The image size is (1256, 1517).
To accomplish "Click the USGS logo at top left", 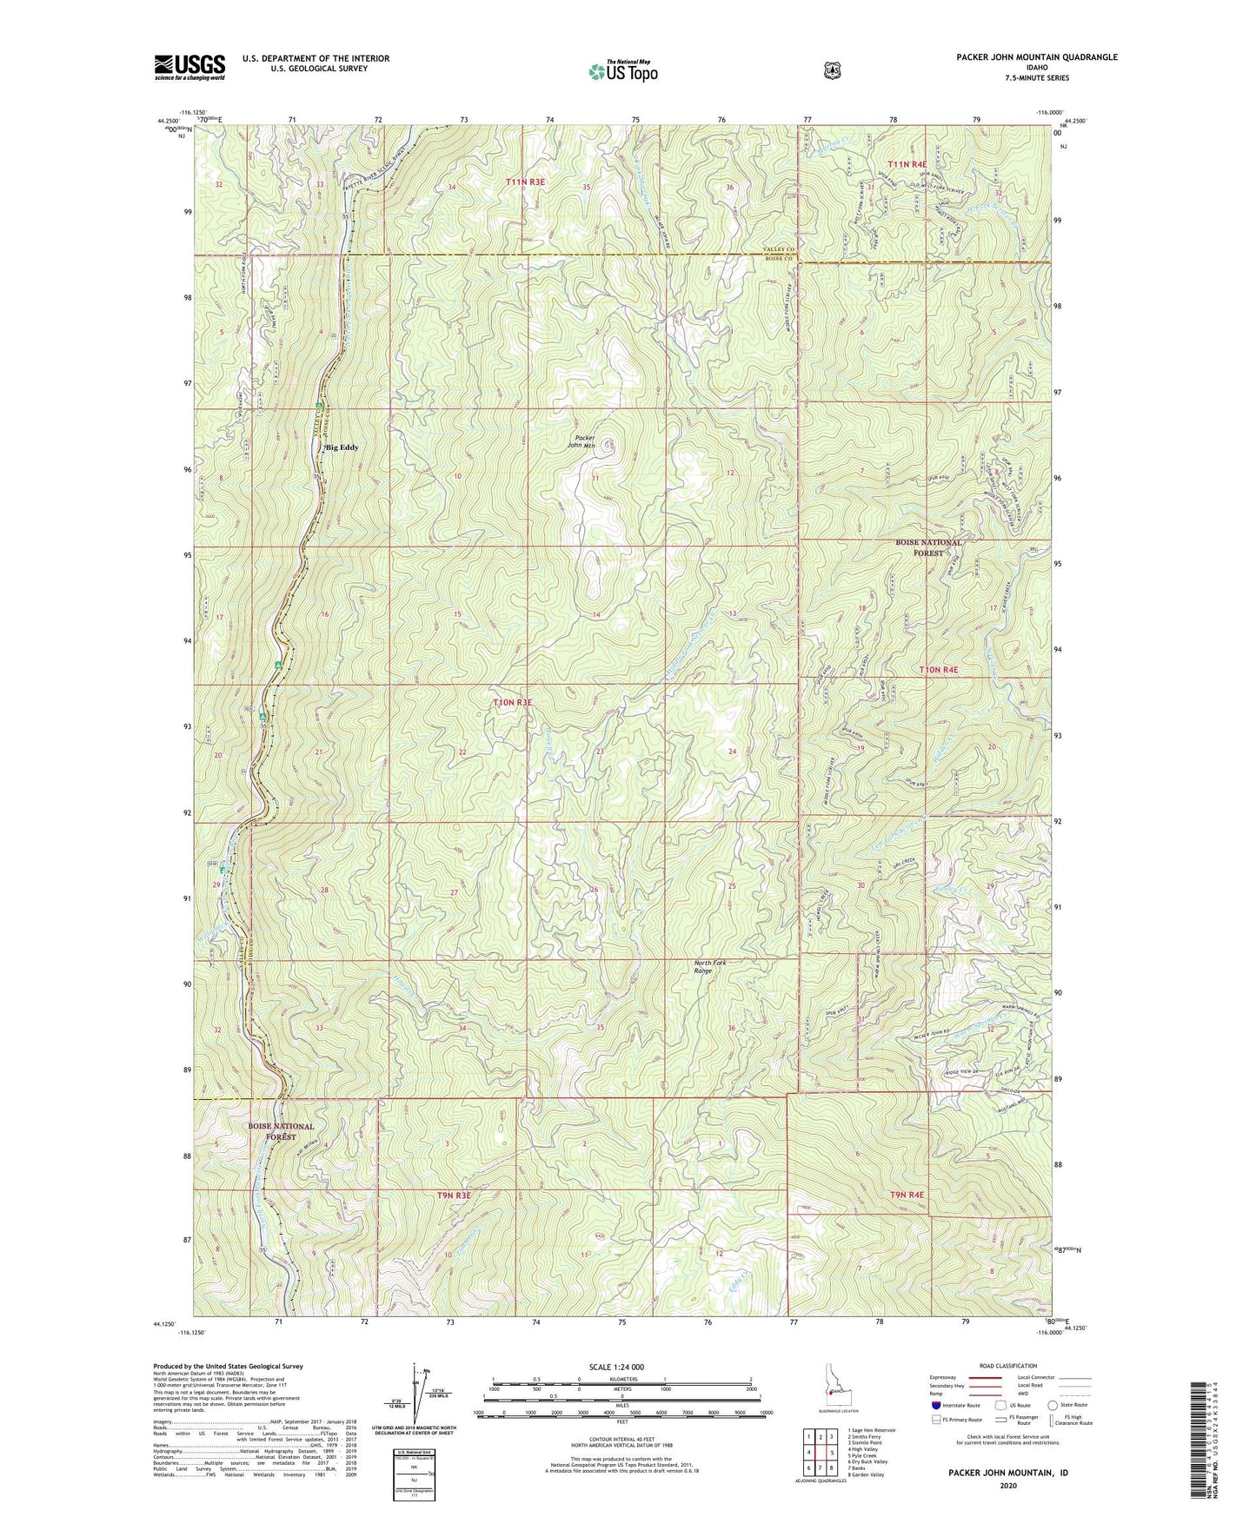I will tap(189, 67).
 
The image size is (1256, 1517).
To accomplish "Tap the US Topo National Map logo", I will tap(621, 70).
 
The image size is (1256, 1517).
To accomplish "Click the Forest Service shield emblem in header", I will tap(832, 69).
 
